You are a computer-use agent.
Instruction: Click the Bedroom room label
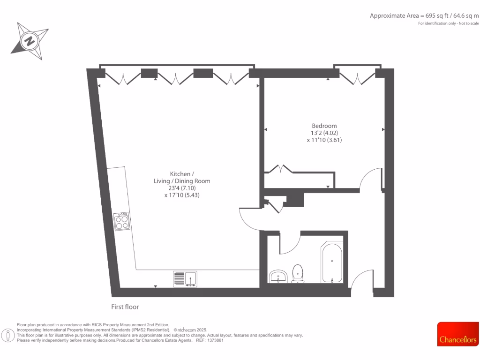pos(324,126)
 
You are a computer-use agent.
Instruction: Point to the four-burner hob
pos(122,221)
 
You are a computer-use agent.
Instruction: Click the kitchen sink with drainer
pos(185,278)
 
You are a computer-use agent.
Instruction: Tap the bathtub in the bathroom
pos(332,263)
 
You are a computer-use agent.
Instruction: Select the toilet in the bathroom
pos(298,274)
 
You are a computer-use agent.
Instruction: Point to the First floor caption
pos(125,307)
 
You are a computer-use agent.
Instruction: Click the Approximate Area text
pos(424,15)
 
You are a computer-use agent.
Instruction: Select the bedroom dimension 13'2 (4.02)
pos(324,133)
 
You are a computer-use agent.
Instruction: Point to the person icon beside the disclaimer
pos(8,336)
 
